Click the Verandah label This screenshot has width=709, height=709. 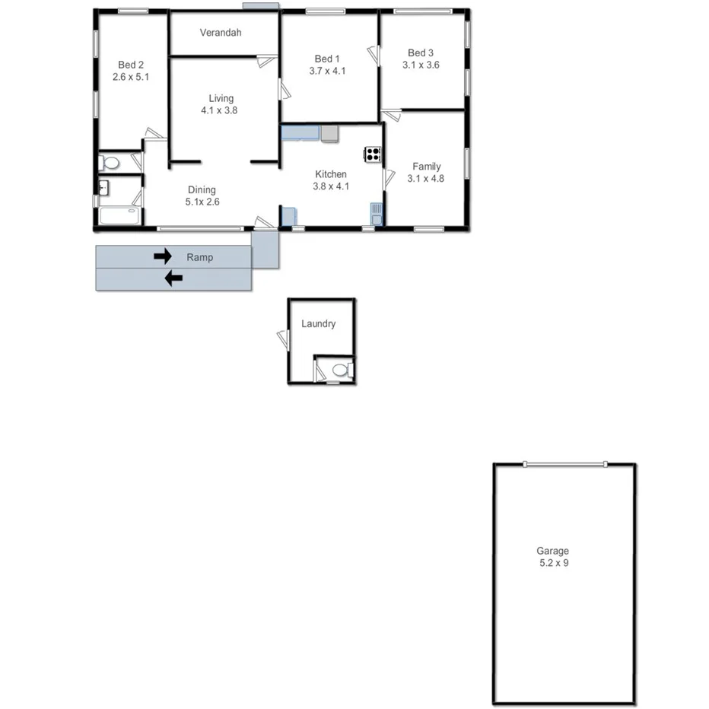pyautogui.click(x=221, y=33)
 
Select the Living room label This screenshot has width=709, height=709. pyautogui.click(x=221, y=98)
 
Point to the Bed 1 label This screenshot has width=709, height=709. pyautogui.click(x=327, y=59)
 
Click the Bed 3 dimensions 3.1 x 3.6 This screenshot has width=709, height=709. pyautogui.click(x=421, y=65)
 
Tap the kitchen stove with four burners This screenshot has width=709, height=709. pyautogui.click(x=372, y=154)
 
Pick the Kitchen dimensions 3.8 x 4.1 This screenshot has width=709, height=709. pyautogui.click(x=331, y=186)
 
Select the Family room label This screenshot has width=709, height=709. pyautogui.click(x=426, y=167)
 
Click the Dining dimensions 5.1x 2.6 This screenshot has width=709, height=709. pyautogui.click(x=202, y=202)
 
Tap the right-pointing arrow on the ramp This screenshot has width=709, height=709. pyautogui.click(x=163, y=256)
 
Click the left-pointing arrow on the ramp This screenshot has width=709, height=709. pyautogui.click(x=174, y=278)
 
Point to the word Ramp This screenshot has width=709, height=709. pyautogui.click(x=200, y=257)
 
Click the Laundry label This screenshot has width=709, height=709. pyautogui.click(x=318, y=323)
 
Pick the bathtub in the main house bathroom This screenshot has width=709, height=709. pyautogui.click(x=119, y=215)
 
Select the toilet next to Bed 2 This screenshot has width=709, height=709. pyautogui.click(x=110, y=162)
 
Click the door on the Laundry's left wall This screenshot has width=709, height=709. pyautogui.click(x=283, y=339)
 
